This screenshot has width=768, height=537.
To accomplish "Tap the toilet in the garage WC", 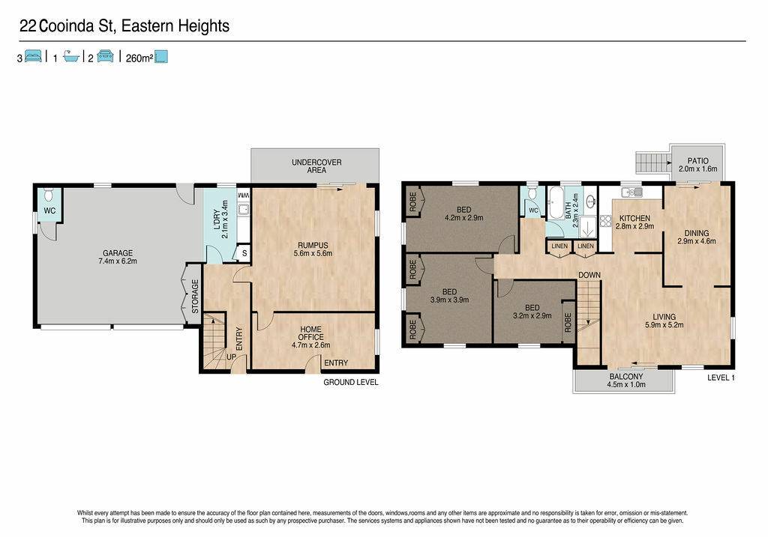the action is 49,195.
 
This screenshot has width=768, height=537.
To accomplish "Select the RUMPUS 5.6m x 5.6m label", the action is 313,249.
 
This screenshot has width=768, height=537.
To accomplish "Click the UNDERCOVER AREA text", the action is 316,166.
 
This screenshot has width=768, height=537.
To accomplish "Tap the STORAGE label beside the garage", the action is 195,297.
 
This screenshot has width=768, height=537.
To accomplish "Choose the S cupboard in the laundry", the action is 244,254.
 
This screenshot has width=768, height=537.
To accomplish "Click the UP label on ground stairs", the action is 231,357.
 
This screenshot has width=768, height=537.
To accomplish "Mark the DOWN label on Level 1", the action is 589,276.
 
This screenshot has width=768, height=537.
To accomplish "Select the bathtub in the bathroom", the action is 556,202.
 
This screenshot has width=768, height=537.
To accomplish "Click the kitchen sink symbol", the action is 631,192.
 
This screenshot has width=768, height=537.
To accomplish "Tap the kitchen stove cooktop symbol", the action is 606,222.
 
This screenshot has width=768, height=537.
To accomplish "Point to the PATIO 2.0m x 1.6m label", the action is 698,165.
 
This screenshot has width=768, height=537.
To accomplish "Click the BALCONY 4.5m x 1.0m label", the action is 626,380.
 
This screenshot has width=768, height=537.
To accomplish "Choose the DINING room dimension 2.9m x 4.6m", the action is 697,241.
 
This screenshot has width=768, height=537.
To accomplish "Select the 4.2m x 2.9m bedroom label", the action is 463,218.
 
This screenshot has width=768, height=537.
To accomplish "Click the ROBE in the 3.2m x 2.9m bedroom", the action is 568,323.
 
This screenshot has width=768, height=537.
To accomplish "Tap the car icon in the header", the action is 105,56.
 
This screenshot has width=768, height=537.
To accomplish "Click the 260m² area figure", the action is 139,58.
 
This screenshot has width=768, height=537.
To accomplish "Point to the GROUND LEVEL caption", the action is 351,383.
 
